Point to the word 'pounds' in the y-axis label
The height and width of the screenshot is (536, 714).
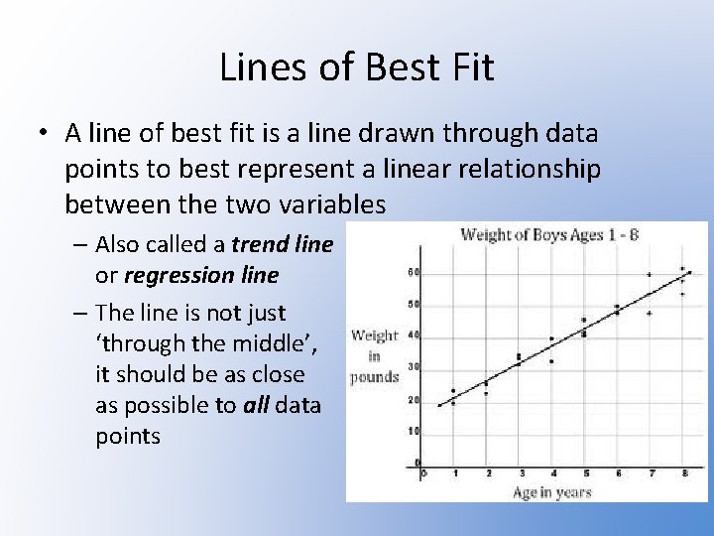(x=374, y=376)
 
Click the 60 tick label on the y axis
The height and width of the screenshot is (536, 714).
(x=413, y=271)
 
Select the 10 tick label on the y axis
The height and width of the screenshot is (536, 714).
(x=413, y=431)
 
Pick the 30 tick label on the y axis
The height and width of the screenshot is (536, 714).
(x=413, y=367)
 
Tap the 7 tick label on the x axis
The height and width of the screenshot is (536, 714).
(x=650, y=473)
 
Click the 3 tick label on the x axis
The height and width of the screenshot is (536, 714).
(x=519, y=473)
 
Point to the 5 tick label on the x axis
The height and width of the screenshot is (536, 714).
(x=584, y=473)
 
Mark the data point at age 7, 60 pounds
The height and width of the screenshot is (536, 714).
(x=650, y=274)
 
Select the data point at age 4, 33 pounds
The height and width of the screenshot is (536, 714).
(x=551, y=361)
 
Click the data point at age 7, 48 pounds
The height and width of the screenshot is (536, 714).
(x=650, y=313)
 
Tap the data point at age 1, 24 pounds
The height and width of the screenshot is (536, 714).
(x=453, y=390)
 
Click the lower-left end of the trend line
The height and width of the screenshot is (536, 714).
(x=438, y=405)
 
